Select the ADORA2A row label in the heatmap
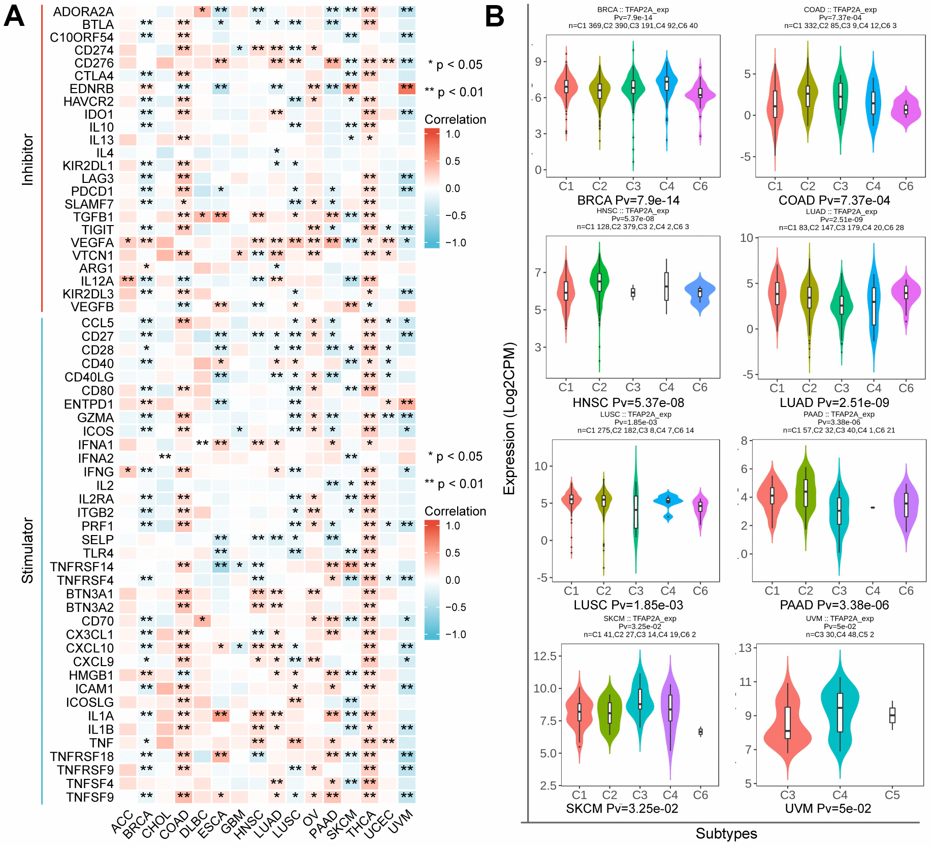click(x=83, y=12)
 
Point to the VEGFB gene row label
click(x=92, y=307)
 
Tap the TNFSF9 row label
click(x=90, y=797)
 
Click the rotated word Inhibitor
click(x=27, y=159)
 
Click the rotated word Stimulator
click(x=27, y=550)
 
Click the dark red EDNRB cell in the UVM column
click(x=407, y=88)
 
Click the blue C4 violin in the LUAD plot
click(x=874, y=305)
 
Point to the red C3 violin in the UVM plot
click(x=788, y=722)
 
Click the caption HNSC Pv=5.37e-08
click(x=628, y=403)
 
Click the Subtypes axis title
click(x=726, y=834)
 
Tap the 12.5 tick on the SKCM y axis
click(x=544, y=656)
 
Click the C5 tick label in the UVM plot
click(x=892, y=795)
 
